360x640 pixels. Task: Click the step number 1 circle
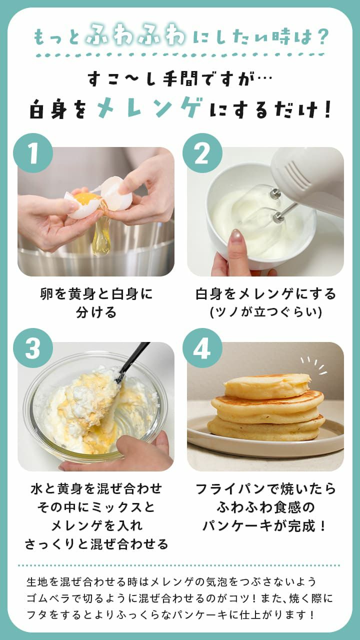[x=33, y=153]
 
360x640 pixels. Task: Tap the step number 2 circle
[x=202, y=153]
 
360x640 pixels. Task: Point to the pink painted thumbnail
[x=236, y=236]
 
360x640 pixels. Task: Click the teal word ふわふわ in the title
[x=135, y=36]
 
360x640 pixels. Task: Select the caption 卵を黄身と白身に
[x=96, y=293]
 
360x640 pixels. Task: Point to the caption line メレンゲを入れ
[x=96, y=525]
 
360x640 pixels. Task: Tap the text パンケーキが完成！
[x=265, y=525]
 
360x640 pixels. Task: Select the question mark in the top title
[x=322, y=36]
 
